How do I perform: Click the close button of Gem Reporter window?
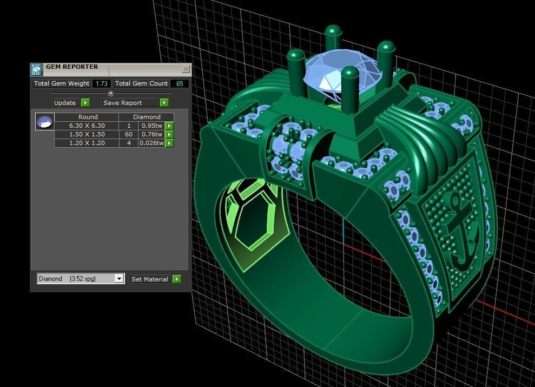click(x=186, y=69)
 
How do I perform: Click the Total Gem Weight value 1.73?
click(x=101, y=83)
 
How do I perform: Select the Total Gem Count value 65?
click(x=179, y=83)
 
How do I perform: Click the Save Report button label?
click(x=122, y=103)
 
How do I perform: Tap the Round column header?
click(x=88, y=117)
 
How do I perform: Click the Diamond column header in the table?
click(x=147, y=117)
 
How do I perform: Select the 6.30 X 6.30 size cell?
click(x=87, y=126)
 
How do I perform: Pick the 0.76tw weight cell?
click(x=151, y=134)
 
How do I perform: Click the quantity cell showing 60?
click(x=129, y=134)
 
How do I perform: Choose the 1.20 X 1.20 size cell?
click(x=87, y=143)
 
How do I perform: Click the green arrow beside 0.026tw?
click(x=169, y=143)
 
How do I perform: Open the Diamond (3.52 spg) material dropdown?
click(x=81, y=279)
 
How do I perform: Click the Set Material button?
click(x=150, y=279)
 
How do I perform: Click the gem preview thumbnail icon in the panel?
click(x=44, y=122)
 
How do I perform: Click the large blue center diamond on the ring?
click(x=335, y=73)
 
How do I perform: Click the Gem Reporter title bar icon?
click(x=36, y=69)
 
